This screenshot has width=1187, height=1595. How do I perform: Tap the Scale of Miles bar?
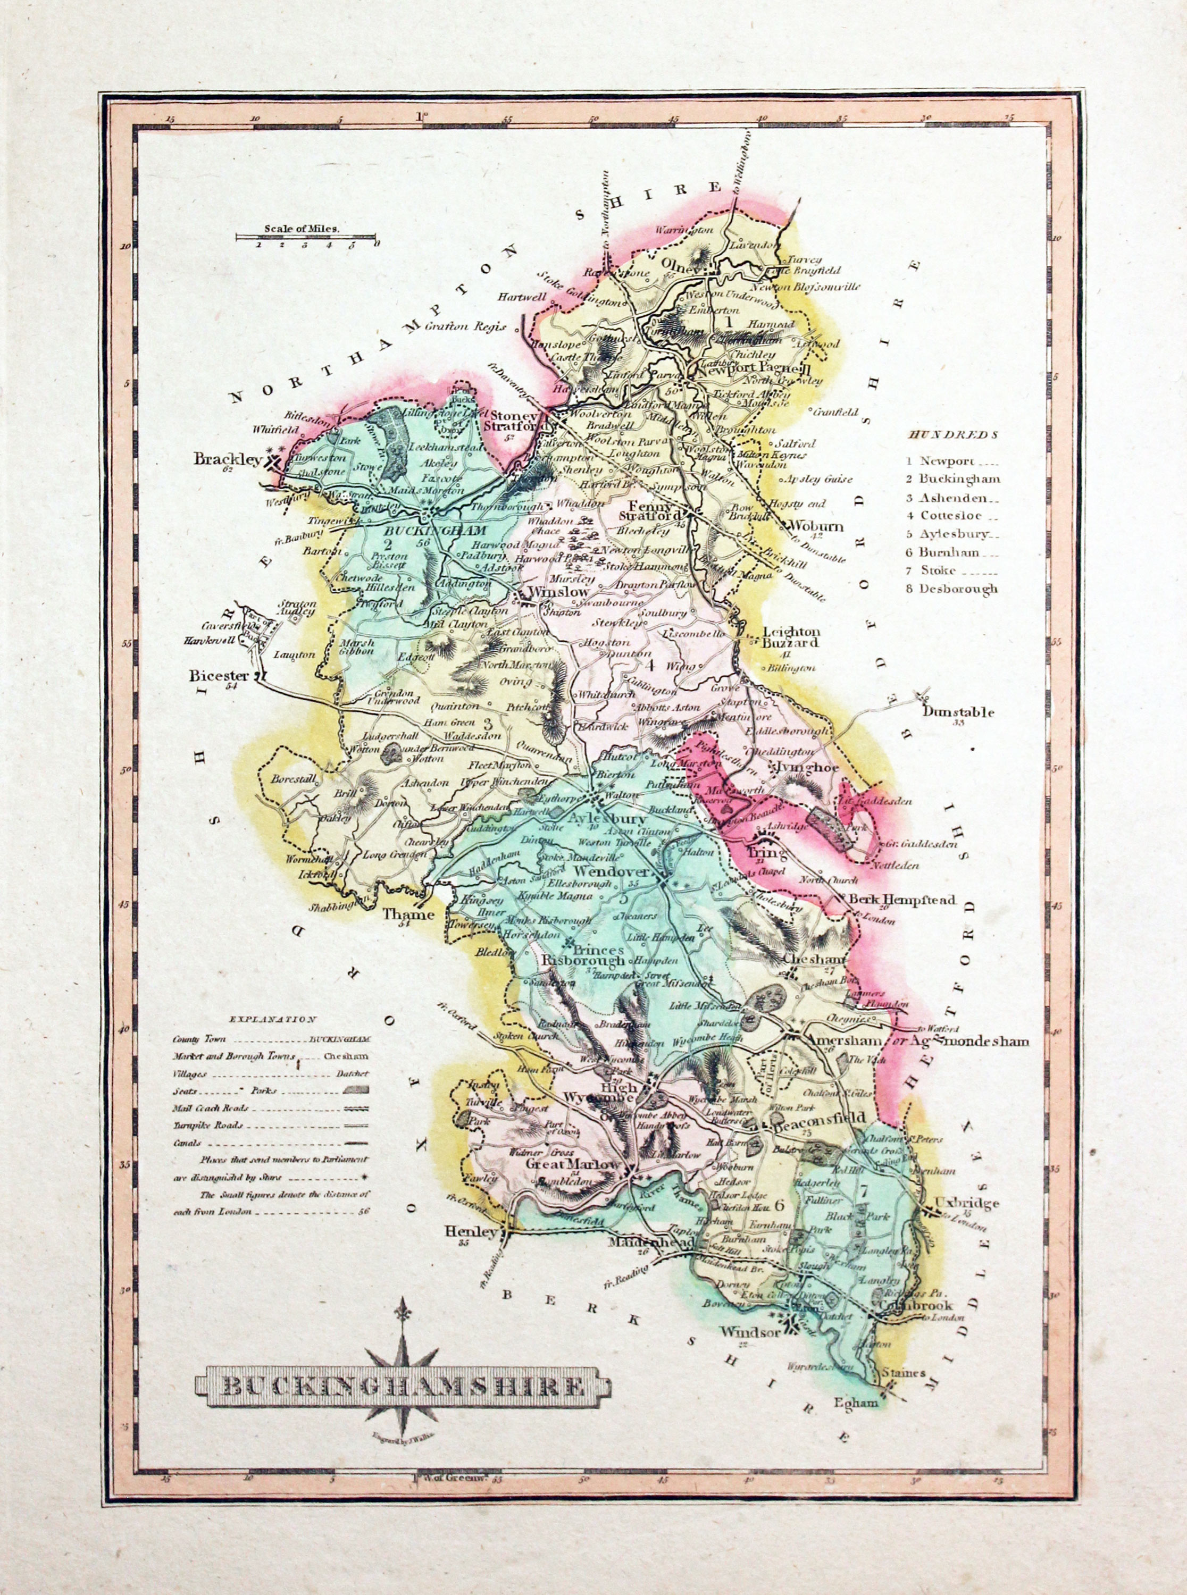pos(307,236)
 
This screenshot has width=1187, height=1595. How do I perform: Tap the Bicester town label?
pos(219,676)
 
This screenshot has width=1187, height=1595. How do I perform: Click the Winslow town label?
pos(558,592)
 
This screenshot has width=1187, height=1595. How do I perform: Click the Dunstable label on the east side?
pos(958,712)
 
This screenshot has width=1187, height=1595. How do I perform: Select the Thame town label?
pos(407,914)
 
